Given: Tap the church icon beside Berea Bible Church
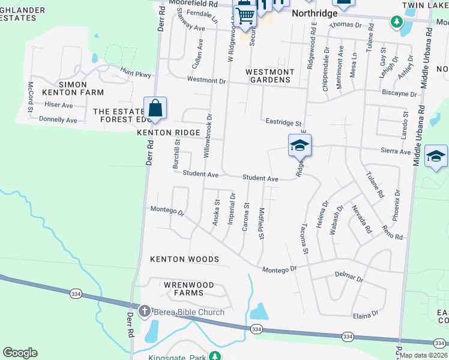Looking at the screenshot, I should (144, 311).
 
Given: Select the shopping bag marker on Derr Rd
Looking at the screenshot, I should (155, 109).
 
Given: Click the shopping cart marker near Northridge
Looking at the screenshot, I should (245, 16).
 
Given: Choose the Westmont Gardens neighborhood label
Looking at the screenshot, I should (270, 76).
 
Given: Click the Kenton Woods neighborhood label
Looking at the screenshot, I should (184, 259).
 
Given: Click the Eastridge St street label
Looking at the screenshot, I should (284, 122).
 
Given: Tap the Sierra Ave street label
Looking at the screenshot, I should (397, 152).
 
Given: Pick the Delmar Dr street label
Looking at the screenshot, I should (349, 278).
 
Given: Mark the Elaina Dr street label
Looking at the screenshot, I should (366, 314).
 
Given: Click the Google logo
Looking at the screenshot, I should (20, 353).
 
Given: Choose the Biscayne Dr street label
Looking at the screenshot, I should (399, 94).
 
